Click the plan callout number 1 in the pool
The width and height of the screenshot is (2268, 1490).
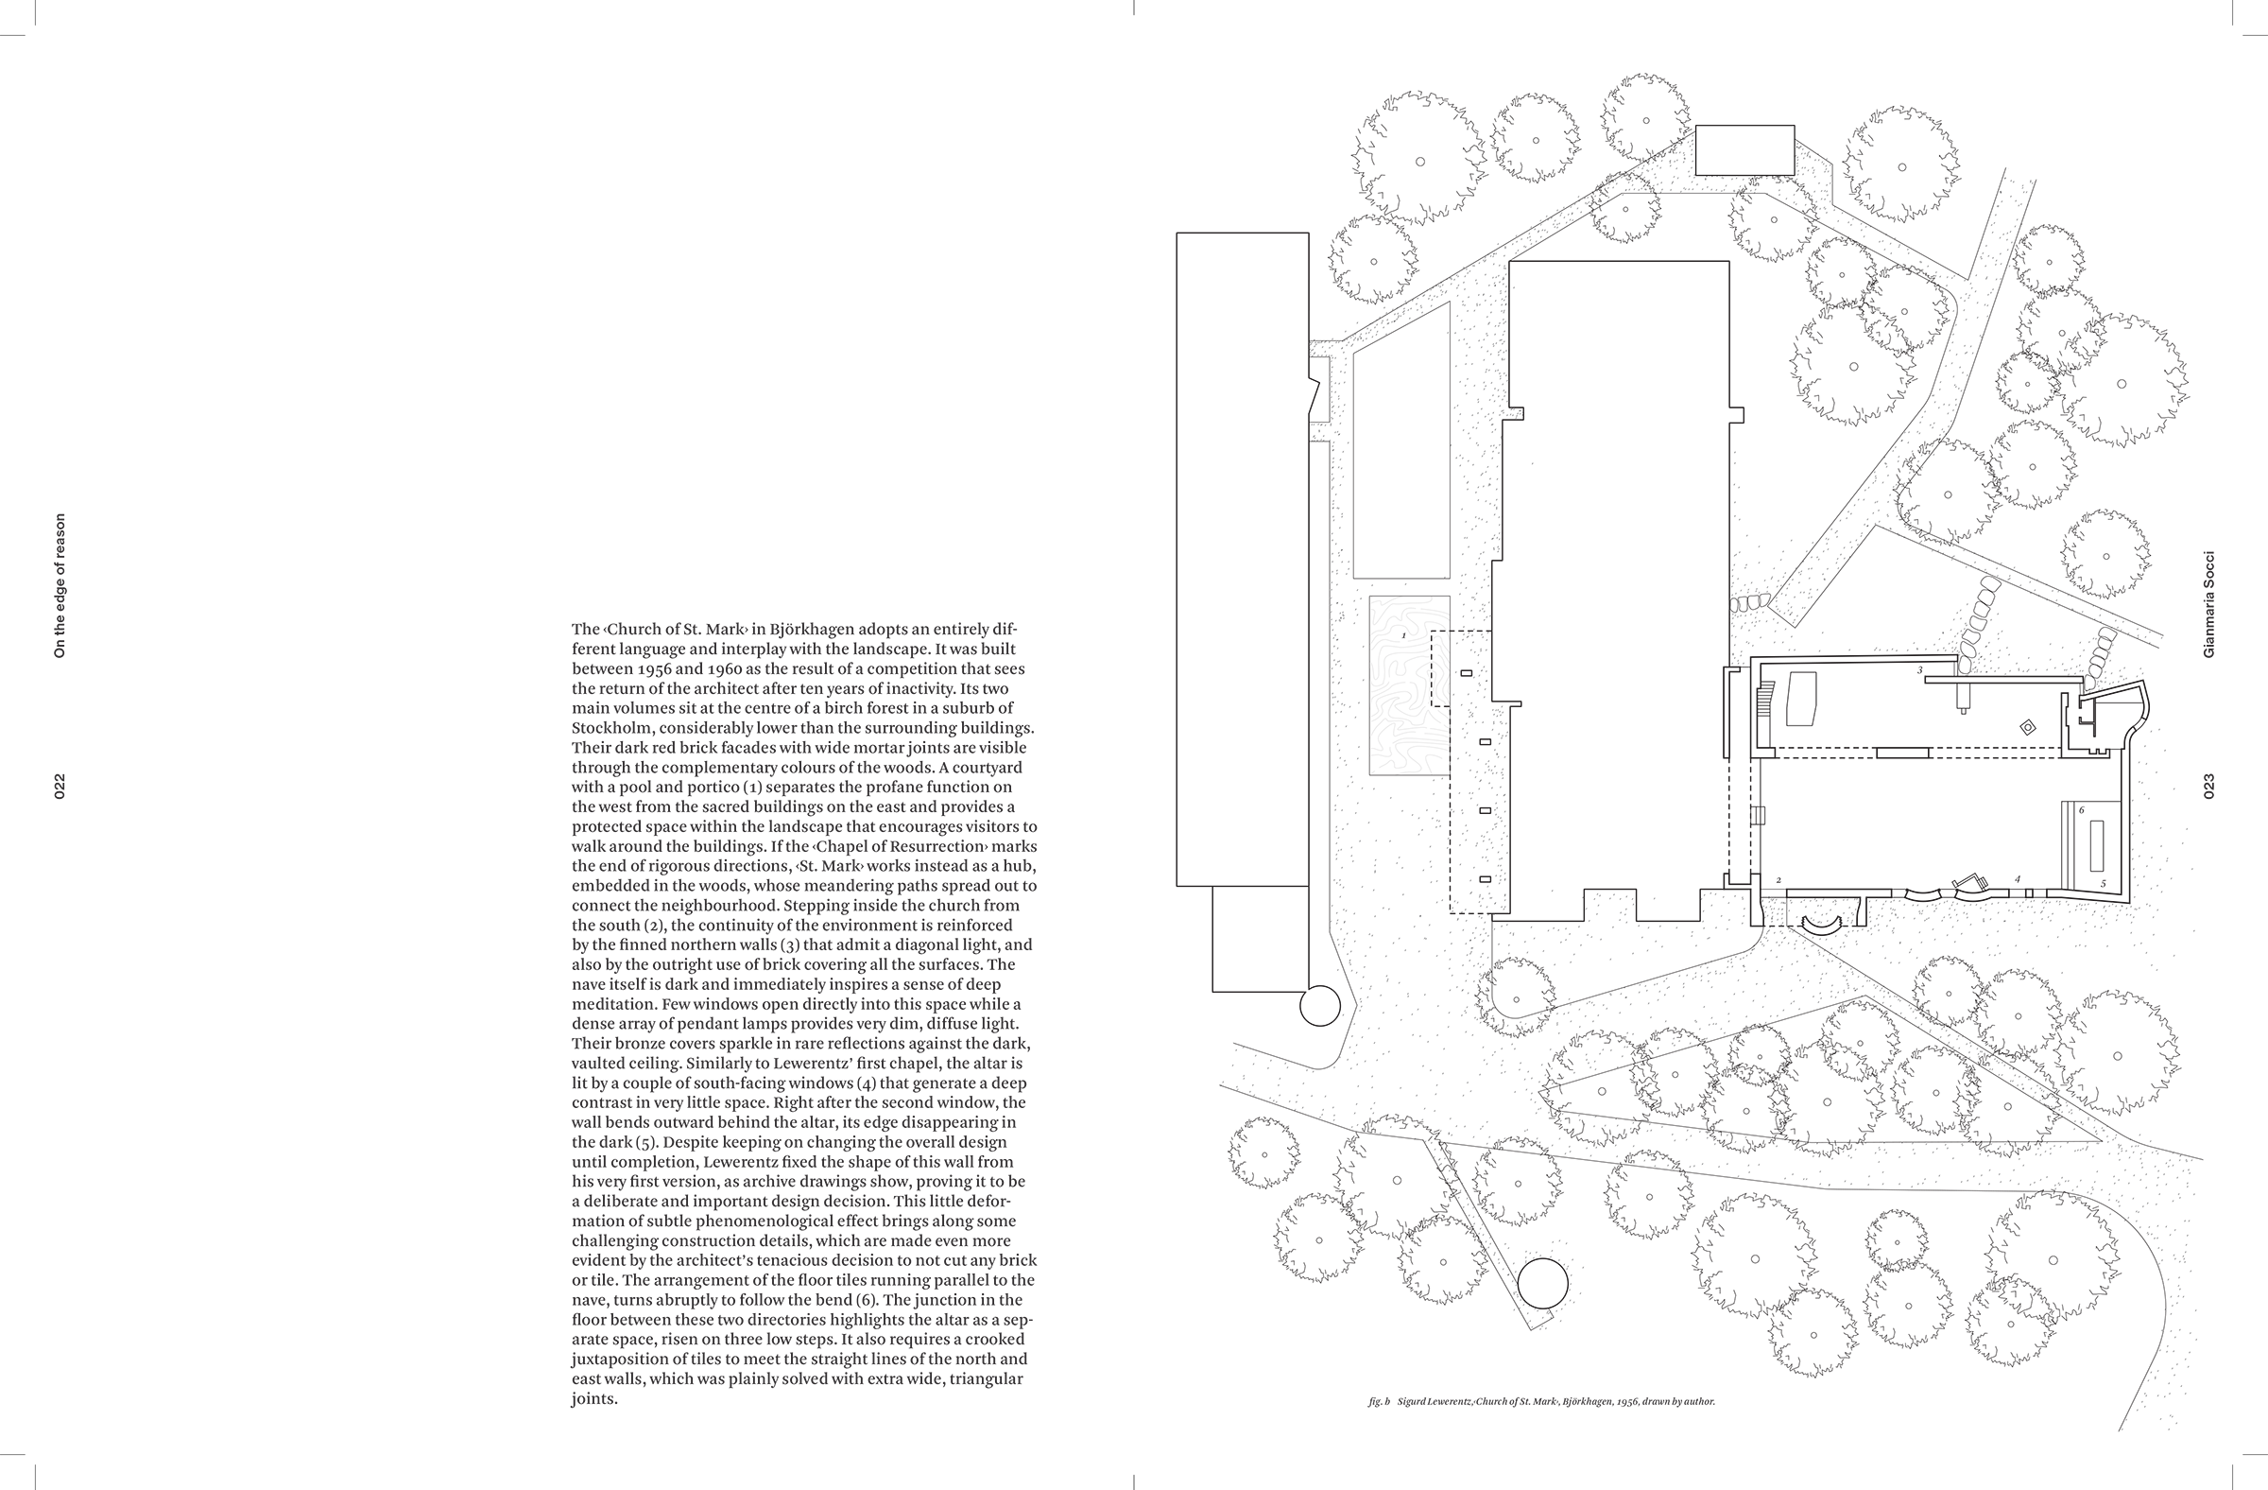pyautogui.click(x=1403, y=635)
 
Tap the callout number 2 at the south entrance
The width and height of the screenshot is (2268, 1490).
pyautogui.click(x=1779, y=880)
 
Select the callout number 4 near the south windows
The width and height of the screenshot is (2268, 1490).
pyautogui.click(x=2017, y=879)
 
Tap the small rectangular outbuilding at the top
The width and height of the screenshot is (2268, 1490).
pyautogui.click(x=1744, y=150)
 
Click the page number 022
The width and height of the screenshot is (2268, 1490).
pyautogui.click(x=60, y=787)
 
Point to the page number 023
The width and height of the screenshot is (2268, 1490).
pyautogui.click(x=2208, y=787)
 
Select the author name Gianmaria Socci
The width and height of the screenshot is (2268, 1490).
pyautogui.click(x=2208, y=603)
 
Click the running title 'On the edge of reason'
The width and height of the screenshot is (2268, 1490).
pyautogui.click(x=60, y=585)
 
